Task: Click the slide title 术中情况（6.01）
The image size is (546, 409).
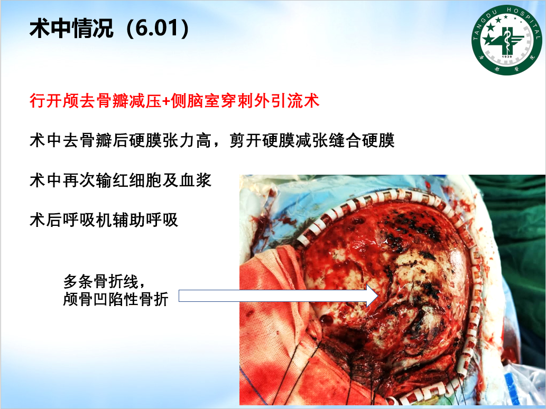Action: (x=109, y=28)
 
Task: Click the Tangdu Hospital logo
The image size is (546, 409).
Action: (x=507, y=40)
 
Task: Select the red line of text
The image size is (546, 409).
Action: (x=174, y=101)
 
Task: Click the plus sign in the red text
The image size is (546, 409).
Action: (x=166, y=101)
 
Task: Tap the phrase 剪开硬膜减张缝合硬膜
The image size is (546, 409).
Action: (x=312, y=140)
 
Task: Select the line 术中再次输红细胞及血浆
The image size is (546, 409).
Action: (x=121, y=180)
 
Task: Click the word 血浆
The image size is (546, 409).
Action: (x=196, y=180)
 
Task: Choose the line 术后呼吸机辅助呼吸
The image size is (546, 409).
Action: (x=104, y=220)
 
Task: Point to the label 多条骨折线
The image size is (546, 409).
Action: (x=101, y=281)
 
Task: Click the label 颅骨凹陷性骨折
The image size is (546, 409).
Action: (x=116, y=299)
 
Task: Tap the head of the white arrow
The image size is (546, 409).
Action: (x=372, y=296)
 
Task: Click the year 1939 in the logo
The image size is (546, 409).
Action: (x=507, y=56)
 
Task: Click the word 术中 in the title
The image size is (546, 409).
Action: (x=50, y=28)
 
